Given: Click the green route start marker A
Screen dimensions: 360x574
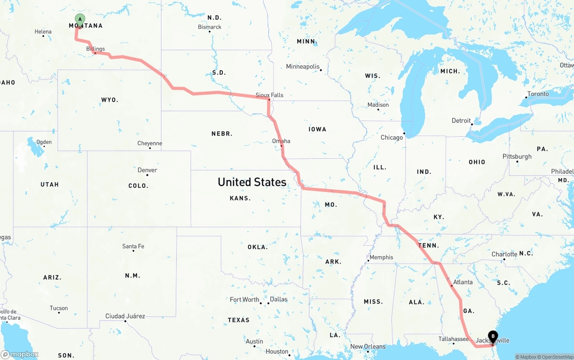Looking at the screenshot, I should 80,19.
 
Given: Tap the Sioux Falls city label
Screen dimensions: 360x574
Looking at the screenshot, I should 270,95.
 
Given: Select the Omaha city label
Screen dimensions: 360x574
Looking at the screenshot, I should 281,141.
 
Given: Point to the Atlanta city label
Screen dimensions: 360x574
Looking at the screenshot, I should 463,282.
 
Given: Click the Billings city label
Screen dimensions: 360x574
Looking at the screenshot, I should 96,49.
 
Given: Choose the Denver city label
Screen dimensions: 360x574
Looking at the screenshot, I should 148,170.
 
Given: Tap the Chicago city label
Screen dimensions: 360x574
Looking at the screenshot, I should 392,137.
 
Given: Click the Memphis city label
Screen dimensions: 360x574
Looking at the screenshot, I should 382,257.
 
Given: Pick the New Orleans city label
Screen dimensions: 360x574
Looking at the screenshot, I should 368,347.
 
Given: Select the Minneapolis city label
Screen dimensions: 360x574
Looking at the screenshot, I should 303,67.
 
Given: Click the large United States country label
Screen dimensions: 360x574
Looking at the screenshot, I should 252,182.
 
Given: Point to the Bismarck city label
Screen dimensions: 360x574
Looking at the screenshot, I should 210,27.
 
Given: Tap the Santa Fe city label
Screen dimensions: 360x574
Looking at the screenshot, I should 133,246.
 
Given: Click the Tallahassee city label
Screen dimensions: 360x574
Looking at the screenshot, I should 453,339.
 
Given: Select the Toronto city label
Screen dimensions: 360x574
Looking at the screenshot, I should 538,94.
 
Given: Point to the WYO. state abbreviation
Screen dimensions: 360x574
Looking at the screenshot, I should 110,100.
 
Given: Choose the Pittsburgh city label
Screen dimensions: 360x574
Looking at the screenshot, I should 517,156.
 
